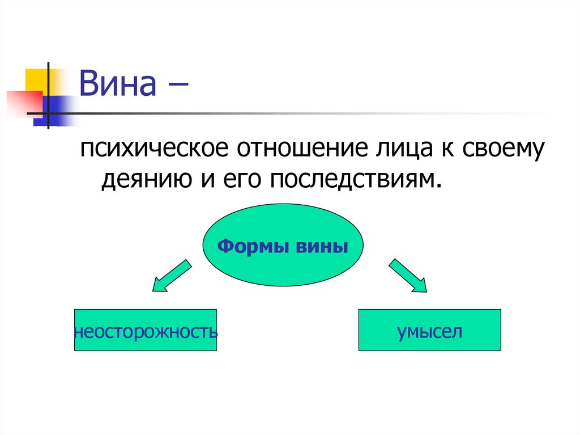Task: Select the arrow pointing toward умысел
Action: (x=407, y=276)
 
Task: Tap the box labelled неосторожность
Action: (x=146, y=330)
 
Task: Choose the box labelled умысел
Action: (x=429, y=330)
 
